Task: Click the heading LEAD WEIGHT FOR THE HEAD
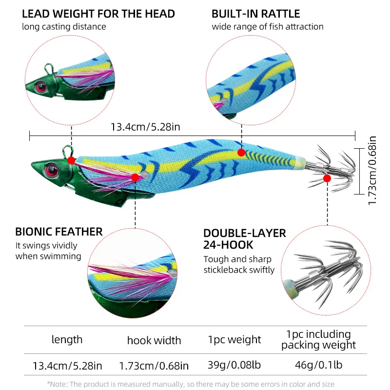98,14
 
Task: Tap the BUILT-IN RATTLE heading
255,14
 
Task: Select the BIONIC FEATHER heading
59,232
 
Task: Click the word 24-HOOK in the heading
228,245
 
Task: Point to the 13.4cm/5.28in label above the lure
145,127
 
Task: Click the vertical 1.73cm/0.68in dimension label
372,171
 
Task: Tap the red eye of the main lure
52,170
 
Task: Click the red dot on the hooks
327,178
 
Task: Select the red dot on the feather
135,177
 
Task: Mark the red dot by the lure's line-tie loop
71,160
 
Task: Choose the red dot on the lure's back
241,153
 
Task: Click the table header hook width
154,340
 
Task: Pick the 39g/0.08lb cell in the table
234,365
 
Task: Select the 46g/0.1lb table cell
319,365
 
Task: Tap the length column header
67,340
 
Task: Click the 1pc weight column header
234,340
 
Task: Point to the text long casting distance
64,27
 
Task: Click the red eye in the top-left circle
40,87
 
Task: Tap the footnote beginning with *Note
191,384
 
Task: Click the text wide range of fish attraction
268,27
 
